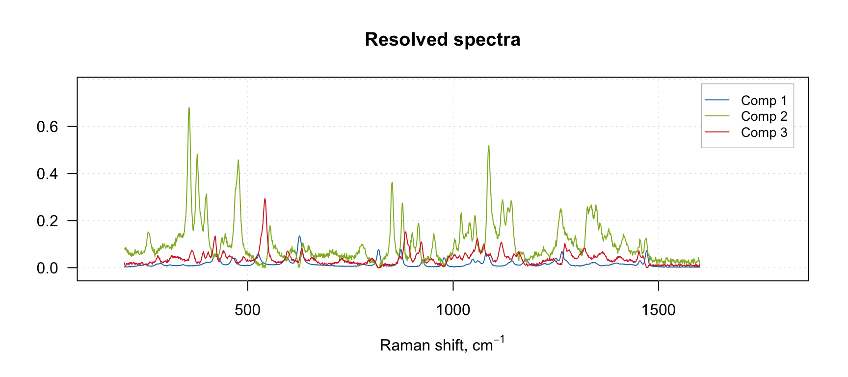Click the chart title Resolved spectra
[x=442, y=40]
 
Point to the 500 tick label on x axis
[x=248, y=310]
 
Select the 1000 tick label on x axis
[x=453, y=310]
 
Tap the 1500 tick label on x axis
[x=658, y=310]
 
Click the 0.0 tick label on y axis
[x=47, y=268]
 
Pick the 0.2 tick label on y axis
[x=47, y=221]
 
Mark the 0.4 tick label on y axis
[x=47, y=174]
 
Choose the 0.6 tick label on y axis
[x=47, y=127]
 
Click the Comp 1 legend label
[x=764, y=101]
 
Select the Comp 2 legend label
[x=764, y=116]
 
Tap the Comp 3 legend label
[x=764, y=133]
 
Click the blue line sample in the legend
[x=717, y=101]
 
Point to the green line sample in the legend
[x=717, y=116]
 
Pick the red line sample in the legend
[x=717, y=133]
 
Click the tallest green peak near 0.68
[x=189, y=108]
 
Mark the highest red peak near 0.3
[x=265, y=199]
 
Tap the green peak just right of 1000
[x=488, y=146]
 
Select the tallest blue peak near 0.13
[x=299, y=237]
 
